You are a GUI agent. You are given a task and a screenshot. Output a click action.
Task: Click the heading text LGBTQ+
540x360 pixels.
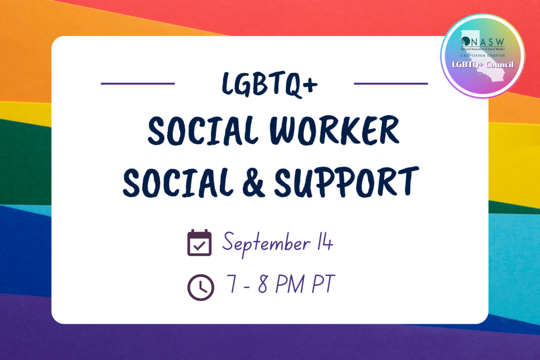click(x=269, y=84)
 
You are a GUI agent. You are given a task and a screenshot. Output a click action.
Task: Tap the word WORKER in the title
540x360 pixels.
click(x=334, y=130)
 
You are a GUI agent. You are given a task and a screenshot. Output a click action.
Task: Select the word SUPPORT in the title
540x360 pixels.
click(x=346, y=182)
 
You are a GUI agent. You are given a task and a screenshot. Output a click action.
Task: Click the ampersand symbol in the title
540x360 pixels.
click(x=253, y=183)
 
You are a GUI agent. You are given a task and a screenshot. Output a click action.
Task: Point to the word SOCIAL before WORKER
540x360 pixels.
click(x=203, y=130)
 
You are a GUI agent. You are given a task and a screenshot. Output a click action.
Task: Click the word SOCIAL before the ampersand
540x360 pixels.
click(x=178, y=182)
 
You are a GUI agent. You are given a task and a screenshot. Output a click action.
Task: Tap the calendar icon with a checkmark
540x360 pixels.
click(x=199, y=242)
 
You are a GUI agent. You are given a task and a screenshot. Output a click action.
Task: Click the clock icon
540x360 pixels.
click(x=200, y=287)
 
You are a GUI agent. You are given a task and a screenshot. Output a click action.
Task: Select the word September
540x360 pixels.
click(x=266, y=244)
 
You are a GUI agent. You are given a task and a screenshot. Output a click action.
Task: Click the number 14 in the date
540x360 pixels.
click(x=325, y=242)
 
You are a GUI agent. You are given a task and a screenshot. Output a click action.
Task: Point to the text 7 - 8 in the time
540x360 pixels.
click(x=247, y=284)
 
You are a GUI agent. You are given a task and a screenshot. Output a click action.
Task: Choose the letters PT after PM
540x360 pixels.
click(x=323, y=284)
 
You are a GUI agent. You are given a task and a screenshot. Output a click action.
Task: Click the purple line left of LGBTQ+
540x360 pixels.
click(x=138, y=84)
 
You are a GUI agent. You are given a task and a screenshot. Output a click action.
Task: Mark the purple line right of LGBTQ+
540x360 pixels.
click(x=391, y=84)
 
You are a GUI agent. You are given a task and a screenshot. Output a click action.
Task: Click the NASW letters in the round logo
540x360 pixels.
click(x=487, y=42)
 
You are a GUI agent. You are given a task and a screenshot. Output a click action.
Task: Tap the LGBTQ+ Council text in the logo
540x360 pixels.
click(x=483, y=65)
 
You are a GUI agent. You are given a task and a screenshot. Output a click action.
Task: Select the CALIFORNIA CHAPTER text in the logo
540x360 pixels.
click(x=483, y=55)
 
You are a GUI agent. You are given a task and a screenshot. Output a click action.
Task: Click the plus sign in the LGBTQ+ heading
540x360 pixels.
click(x=311, y=85)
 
